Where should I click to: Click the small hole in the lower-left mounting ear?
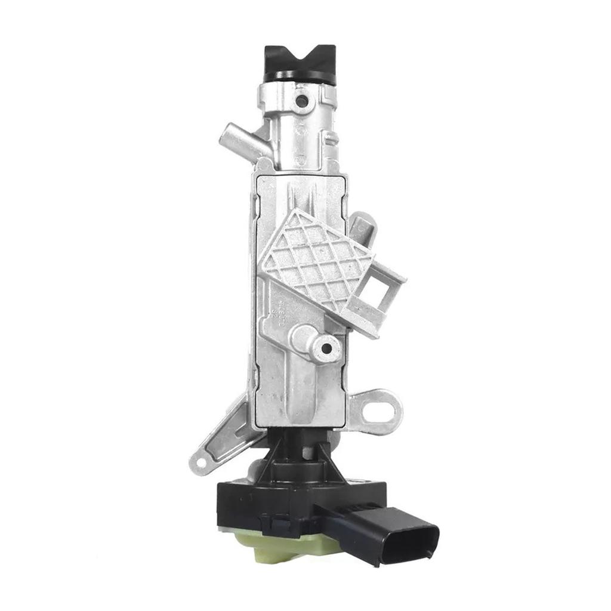tap(200, 461)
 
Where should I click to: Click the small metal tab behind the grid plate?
tap(362, 227)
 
